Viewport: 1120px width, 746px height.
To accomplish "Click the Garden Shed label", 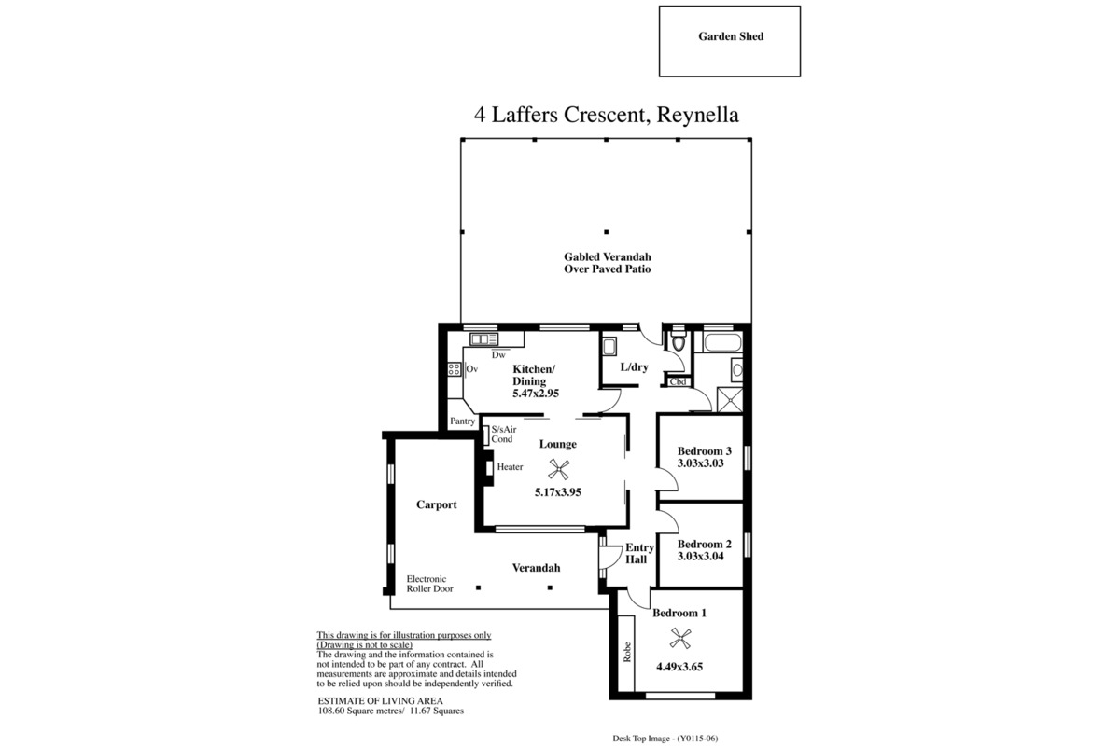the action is [x=731, y=36].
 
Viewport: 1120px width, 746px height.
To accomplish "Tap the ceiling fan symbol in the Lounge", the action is [x=558, y=469].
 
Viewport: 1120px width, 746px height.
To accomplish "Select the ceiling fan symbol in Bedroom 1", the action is [x=680, y=638].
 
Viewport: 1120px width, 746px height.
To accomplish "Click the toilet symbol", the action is [x=679, y=342].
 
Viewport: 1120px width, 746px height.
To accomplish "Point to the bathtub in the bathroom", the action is [x=721, y=343].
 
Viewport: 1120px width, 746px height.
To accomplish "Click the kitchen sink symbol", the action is [x=483, y=339].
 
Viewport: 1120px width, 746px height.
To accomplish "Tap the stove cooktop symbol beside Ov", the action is [x=454, y=369].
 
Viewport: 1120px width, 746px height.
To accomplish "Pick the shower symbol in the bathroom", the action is [x=730, y=399].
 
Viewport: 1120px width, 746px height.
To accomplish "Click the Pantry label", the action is [x=463, y=421].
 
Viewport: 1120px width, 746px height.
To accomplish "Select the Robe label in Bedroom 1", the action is [x=627, y=652].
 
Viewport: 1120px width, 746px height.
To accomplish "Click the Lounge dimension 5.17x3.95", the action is [x=558, y=492].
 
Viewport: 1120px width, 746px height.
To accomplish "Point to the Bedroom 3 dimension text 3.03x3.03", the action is [x=701, y=463].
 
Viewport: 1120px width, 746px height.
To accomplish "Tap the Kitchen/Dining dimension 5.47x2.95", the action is [x=536, y=394].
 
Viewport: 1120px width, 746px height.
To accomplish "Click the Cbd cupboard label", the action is [x=678, y=381].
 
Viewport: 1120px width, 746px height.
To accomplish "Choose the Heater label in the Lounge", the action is [x=510, y=466].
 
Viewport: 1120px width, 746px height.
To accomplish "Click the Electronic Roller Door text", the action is [x=430, y=584].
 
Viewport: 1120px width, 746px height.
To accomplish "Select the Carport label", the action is [x=437, y=505].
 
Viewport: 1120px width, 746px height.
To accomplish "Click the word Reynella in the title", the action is [x=697, y=115].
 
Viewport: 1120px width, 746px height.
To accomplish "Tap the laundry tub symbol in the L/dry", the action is [x=609, y=346].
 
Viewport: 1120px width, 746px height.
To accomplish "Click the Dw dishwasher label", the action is [x=498, y=355].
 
